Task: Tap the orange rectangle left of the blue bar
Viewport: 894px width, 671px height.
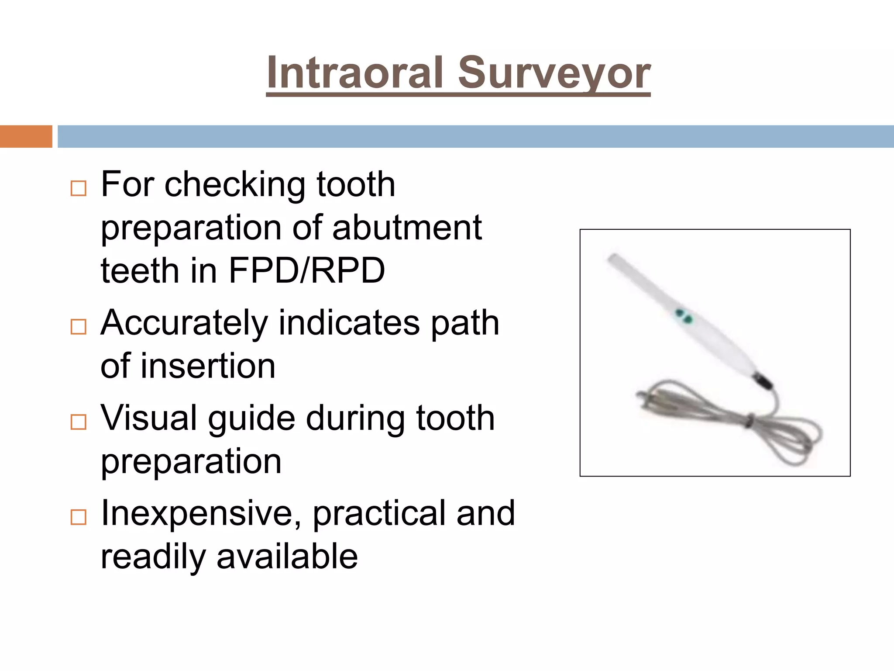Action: pos(26,136)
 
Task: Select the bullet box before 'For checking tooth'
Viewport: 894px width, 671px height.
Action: pos(79,189)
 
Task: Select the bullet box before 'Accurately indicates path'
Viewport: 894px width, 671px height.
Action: pos(79,327)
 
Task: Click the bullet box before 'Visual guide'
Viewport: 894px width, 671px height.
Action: pos(79,422)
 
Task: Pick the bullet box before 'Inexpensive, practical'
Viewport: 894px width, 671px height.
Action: pos(79,517)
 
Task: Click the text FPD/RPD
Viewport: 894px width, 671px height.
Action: pos(306,271)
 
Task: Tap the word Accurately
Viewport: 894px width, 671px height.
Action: pos(184,323)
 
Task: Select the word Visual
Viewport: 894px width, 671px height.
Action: pos(149,418)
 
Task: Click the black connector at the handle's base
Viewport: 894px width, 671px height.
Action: pos(763,380)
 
